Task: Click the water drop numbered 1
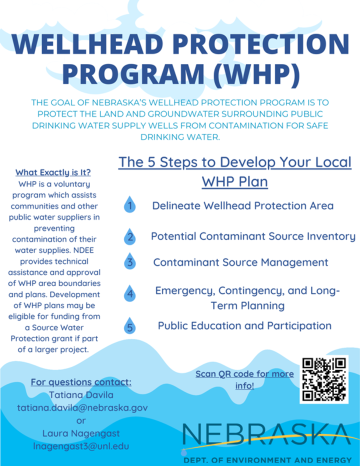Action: pos(129,204)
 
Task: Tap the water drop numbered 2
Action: pos(129,237)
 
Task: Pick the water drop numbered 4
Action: pos(129,293)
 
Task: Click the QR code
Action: pos(324,379)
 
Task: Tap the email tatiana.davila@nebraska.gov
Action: pos(82,408)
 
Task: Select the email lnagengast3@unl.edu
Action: pos(81,446)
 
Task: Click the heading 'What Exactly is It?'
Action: pos(53,172)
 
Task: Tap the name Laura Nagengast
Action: pos(81,433)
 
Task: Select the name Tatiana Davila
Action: pos(81,395)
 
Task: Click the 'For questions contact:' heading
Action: pos(81,382)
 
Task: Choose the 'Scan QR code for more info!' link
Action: pos(244,379)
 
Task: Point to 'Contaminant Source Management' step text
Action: pos(241,262)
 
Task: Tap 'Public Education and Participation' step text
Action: pos(244,325)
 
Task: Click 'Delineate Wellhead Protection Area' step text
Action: pos(243,205)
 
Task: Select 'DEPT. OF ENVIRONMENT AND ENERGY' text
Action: pos(267,460)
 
